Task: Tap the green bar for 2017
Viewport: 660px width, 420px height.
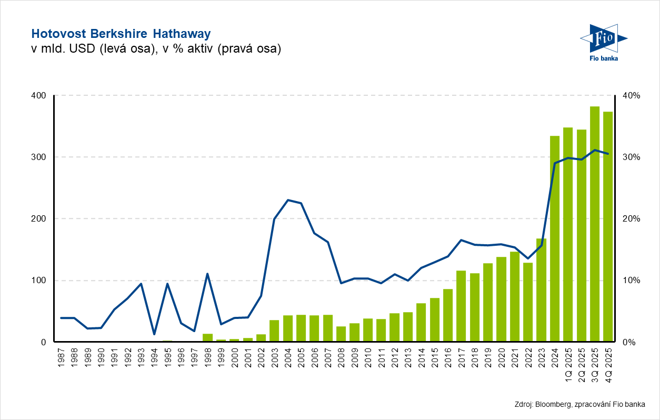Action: coord(461,306)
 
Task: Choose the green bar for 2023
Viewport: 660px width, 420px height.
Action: coord(542,290)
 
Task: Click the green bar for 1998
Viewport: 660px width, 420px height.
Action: coord(207,337)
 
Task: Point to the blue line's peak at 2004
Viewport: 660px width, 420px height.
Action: coord(288,200)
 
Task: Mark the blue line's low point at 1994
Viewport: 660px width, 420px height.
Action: coord(154,334)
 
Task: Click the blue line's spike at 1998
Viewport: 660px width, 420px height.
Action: coord(207,274)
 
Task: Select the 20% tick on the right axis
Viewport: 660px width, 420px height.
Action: coord(632,218)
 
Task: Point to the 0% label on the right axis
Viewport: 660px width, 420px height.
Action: coord(629,342)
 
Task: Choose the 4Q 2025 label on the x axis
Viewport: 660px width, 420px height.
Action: coord(608,360)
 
